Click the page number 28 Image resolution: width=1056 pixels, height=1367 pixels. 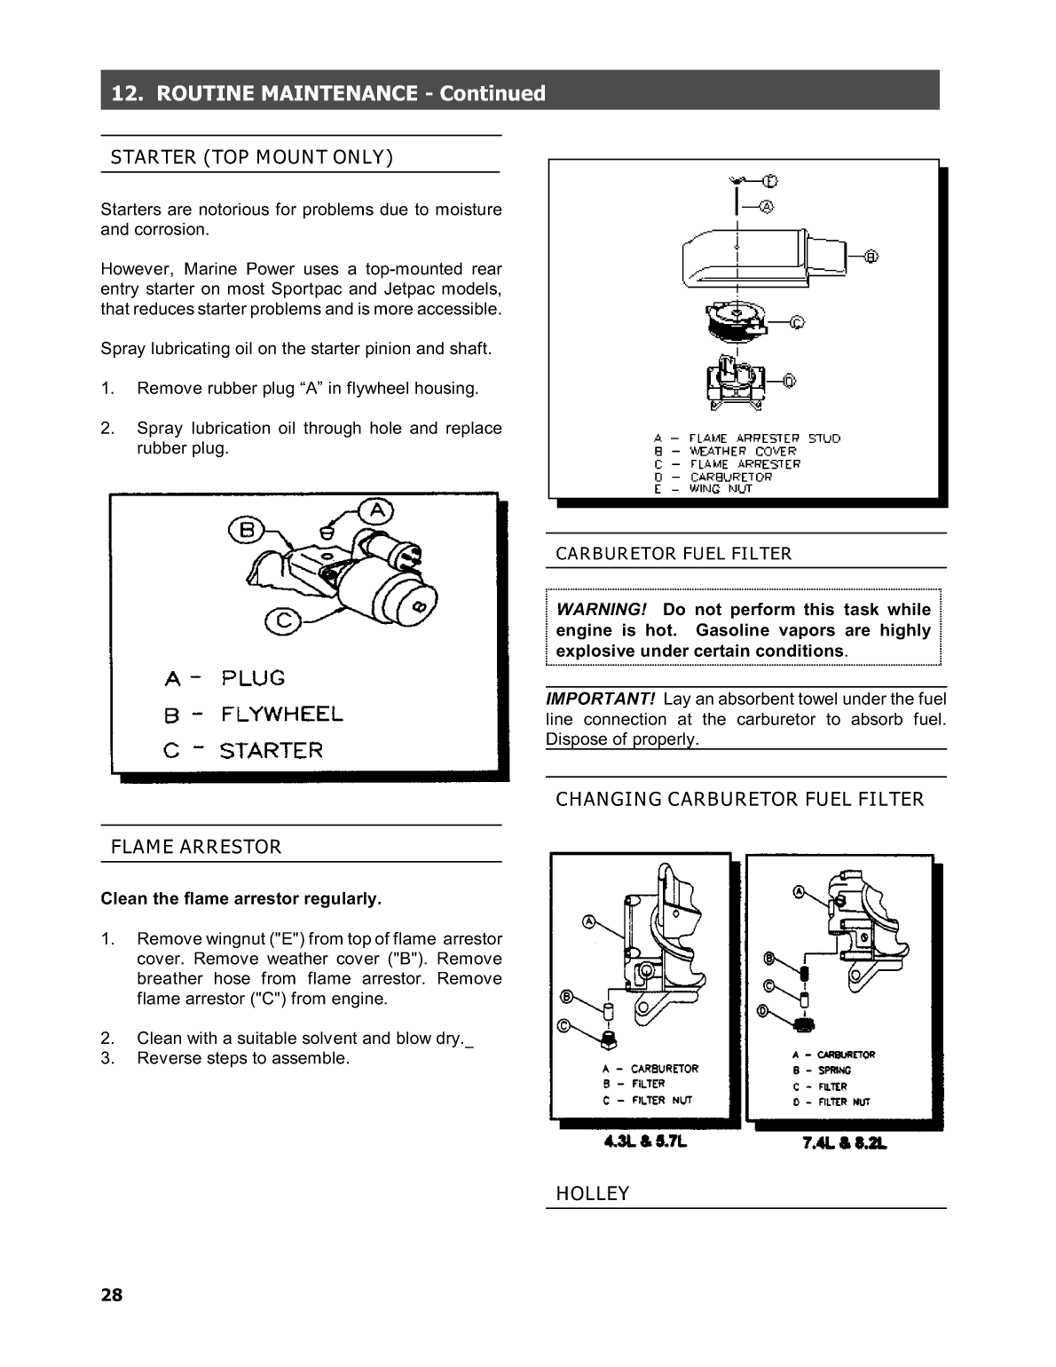pos(112,1295)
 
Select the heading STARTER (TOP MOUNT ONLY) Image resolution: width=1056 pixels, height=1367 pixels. pos(251,157)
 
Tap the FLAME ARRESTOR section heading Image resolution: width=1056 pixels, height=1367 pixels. pos(195,847)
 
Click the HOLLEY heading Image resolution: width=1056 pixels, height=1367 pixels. pos(592,1194)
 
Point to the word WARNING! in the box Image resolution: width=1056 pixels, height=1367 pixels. pos(601,610)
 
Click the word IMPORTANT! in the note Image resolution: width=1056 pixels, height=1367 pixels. pos(600,699)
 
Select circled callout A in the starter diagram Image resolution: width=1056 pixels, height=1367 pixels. pos(377,510)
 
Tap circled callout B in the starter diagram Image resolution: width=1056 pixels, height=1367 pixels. pos(247,530)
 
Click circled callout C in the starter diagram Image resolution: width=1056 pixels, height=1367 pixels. pos(283,620)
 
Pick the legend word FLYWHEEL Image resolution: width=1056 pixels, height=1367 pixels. pos(281,715)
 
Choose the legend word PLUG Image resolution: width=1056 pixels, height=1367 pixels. pos(253,678)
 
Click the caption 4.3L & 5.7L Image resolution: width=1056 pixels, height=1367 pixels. pos(645,1142)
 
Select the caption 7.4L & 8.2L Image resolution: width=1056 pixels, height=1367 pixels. pos(844,1143)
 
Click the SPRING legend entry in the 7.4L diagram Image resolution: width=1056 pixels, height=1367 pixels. pos(833,1071)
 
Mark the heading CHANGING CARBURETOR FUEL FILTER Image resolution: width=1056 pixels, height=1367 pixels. pos(739,800)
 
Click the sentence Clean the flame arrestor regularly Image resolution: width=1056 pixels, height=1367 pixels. pos(240,899)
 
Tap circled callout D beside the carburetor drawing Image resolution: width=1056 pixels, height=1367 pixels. pos(789,381)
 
